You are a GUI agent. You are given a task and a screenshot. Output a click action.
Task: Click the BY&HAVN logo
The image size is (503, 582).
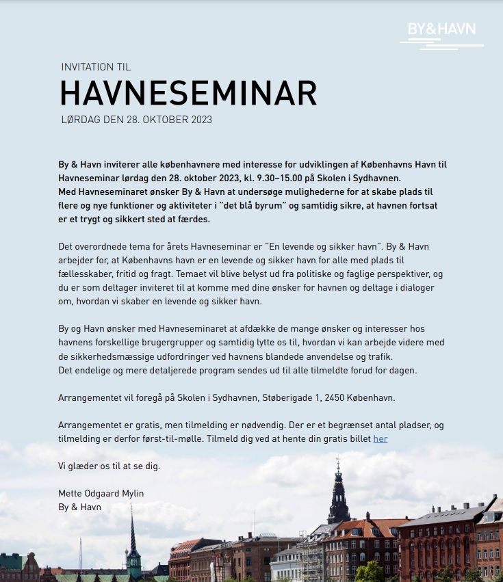441,30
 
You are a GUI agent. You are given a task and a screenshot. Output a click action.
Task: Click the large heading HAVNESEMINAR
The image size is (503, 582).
188,93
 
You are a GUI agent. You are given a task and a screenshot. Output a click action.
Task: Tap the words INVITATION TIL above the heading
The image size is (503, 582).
96,67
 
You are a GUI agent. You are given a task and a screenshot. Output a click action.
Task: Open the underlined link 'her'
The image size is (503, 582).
381,438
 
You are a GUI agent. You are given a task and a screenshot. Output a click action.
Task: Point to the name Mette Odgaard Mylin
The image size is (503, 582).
101,493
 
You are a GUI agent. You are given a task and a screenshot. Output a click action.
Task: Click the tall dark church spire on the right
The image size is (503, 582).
338,492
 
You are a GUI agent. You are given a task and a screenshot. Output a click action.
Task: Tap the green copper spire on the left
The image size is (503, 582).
133,540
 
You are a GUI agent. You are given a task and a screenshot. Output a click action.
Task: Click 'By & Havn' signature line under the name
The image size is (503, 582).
80,507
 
